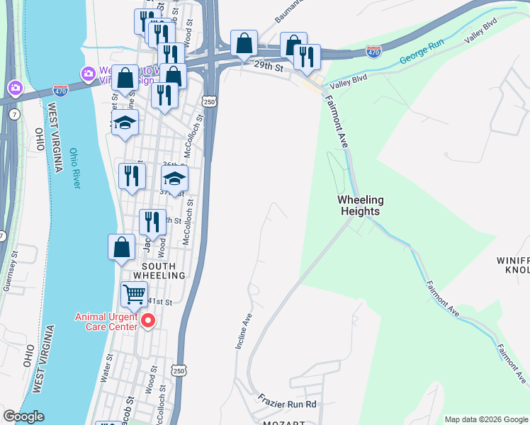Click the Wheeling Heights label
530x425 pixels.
[359, 205]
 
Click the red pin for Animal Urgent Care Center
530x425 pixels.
[148, 322]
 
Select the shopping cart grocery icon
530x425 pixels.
[133, 293]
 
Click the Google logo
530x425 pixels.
[23, 416]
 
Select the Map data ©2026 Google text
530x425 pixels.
[485, 419]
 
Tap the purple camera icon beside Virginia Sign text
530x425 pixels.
[88, 73]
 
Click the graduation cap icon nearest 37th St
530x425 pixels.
[174, 178]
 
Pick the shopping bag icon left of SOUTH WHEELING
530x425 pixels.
[121, 246]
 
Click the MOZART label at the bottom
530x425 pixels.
[283, 422]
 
